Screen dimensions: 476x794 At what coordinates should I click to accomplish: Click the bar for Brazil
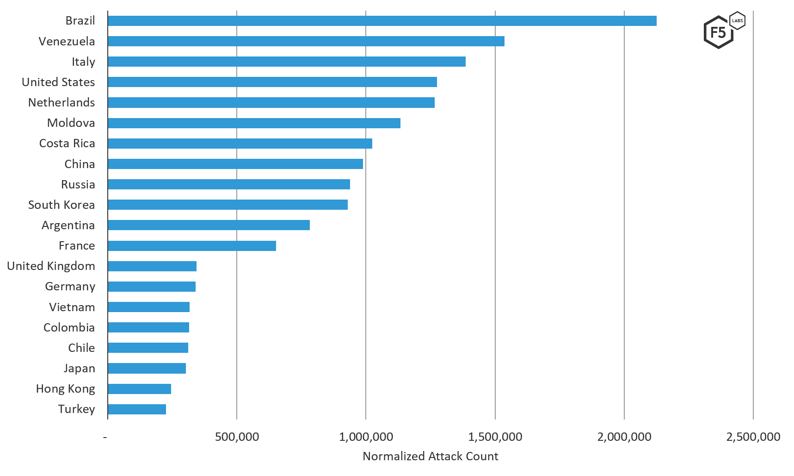382,21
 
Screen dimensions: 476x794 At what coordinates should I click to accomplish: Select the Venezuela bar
306,41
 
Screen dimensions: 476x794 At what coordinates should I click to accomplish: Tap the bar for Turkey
137,409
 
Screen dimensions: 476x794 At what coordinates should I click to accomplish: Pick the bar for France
192,246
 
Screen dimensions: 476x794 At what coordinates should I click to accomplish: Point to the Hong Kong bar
139,389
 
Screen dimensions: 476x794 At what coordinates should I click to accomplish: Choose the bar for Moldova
254,123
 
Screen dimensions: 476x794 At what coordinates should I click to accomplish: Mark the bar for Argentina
209,225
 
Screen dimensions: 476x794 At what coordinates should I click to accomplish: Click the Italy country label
83,62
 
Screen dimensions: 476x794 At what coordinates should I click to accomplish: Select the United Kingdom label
51,266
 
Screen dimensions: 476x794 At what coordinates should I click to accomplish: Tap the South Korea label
61,205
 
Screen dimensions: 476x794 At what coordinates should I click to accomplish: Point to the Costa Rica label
67,144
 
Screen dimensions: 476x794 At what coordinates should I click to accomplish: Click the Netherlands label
61,103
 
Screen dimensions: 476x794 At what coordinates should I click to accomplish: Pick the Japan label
79,369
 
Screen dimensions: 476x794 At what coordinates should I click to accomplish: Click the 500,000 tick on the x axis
237,437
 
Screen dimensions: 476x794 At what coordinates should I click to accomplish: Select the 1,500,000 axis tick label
495,437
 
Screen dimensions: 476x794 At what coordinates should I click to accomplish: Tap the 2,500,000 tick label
753,437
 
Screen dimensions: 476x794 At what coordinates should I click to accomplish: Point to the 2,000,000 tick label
624,437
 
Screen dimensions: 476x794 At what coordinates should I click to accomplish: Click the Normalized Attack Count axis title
430,457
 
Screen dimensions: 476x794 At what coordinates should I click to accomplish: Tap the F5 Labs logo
723,31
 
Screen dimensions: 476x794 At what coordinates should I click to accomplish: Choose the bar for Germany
152,287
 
